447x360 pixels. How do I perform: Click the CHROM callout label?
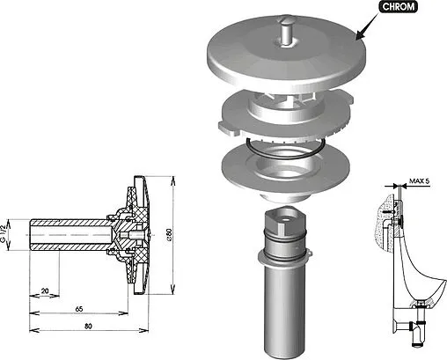tap(398, 7)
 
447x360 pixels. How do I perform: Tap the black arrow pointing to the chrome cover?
tap(367, 26)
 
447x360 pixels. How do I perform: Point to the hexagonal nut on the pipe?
tap(285, 220)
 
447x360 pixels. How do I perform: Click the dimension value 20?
tap(45, 291)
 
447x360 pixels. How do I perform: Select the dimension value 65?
tap(79, 309)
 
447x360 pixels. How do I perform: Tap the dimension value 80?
tap(88, 326)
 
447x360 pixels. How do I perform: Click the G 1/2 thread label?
tap(4, 234)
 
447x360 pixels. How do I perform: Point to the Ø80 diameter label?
tap(169, 235)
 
